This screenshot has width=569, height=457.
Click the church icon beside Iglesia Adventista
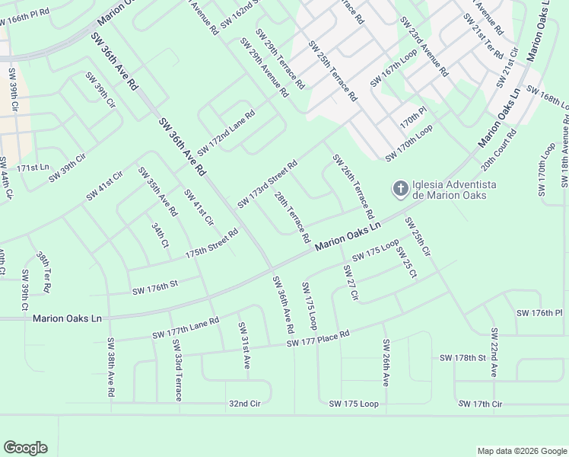[x=399, y=187]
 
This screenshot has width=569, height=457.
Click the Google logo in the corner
[x=25, y=447]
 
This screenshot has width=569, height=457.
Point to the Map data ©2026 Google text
[x=521, y=451]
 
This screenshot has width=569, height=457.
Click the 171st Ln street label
[x=32, y=167]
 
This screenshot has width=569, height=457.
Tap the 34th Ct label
[x=159, y=235]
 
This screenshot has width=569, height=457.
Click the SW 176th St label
[x=154, y=287]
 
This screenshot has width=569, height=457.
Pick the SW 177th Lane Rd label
[x=186, y=328]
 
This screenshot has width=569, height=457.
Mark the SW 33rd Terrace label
[x=177, y=370]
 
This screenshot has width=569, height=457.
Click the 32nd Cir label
[x=244, y=404]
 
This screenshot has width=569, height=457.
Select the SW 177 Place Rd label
[x=318, y=339]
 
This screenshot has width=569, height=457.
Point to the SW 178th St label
[x=463, y=357]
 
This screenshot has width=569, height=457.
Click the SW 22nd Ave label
[x=494, y=353]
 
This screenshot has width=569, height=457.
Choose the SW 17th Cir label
[x=477, y=403]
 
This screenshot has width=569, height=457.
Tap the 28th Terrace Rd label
[x=292, y=217]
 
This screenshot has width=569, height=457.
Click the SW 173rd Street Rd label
[x=266, y=184]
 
